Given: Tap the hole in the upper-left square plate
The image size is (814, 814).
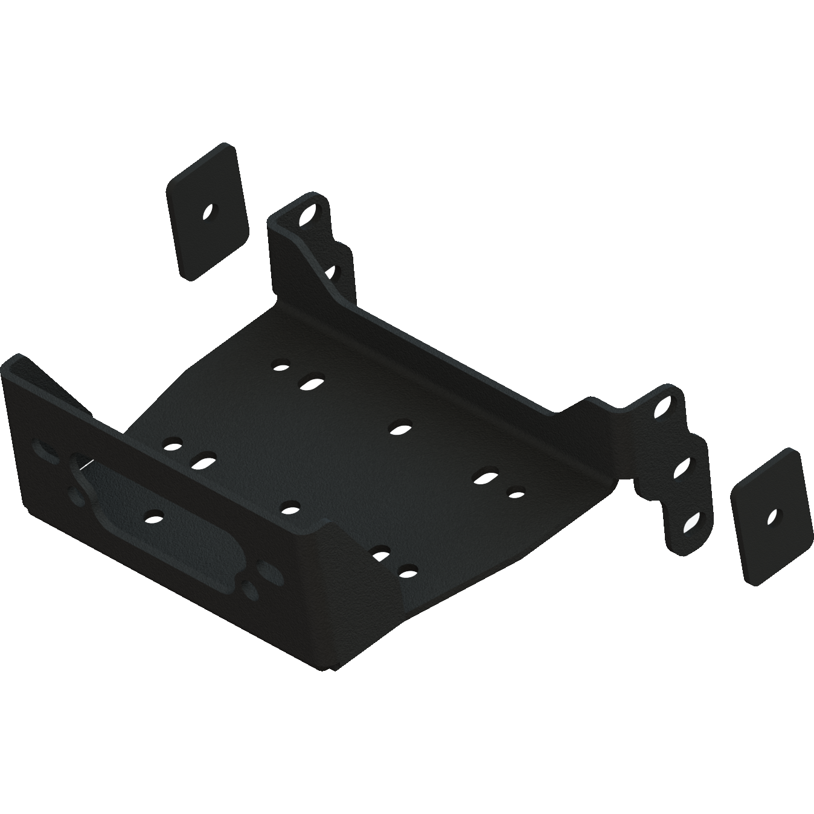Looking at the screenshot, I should [x=208, y=212].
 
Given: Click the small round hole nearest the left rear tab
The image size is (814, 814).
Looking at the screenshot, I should [x=280, y=366].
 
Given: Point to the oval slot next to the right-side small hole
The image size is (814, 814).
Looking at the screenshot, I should [x=484, y=477].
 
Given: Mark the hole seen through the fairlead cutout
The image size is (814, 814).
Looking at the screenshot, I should [x=155, y=518].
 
